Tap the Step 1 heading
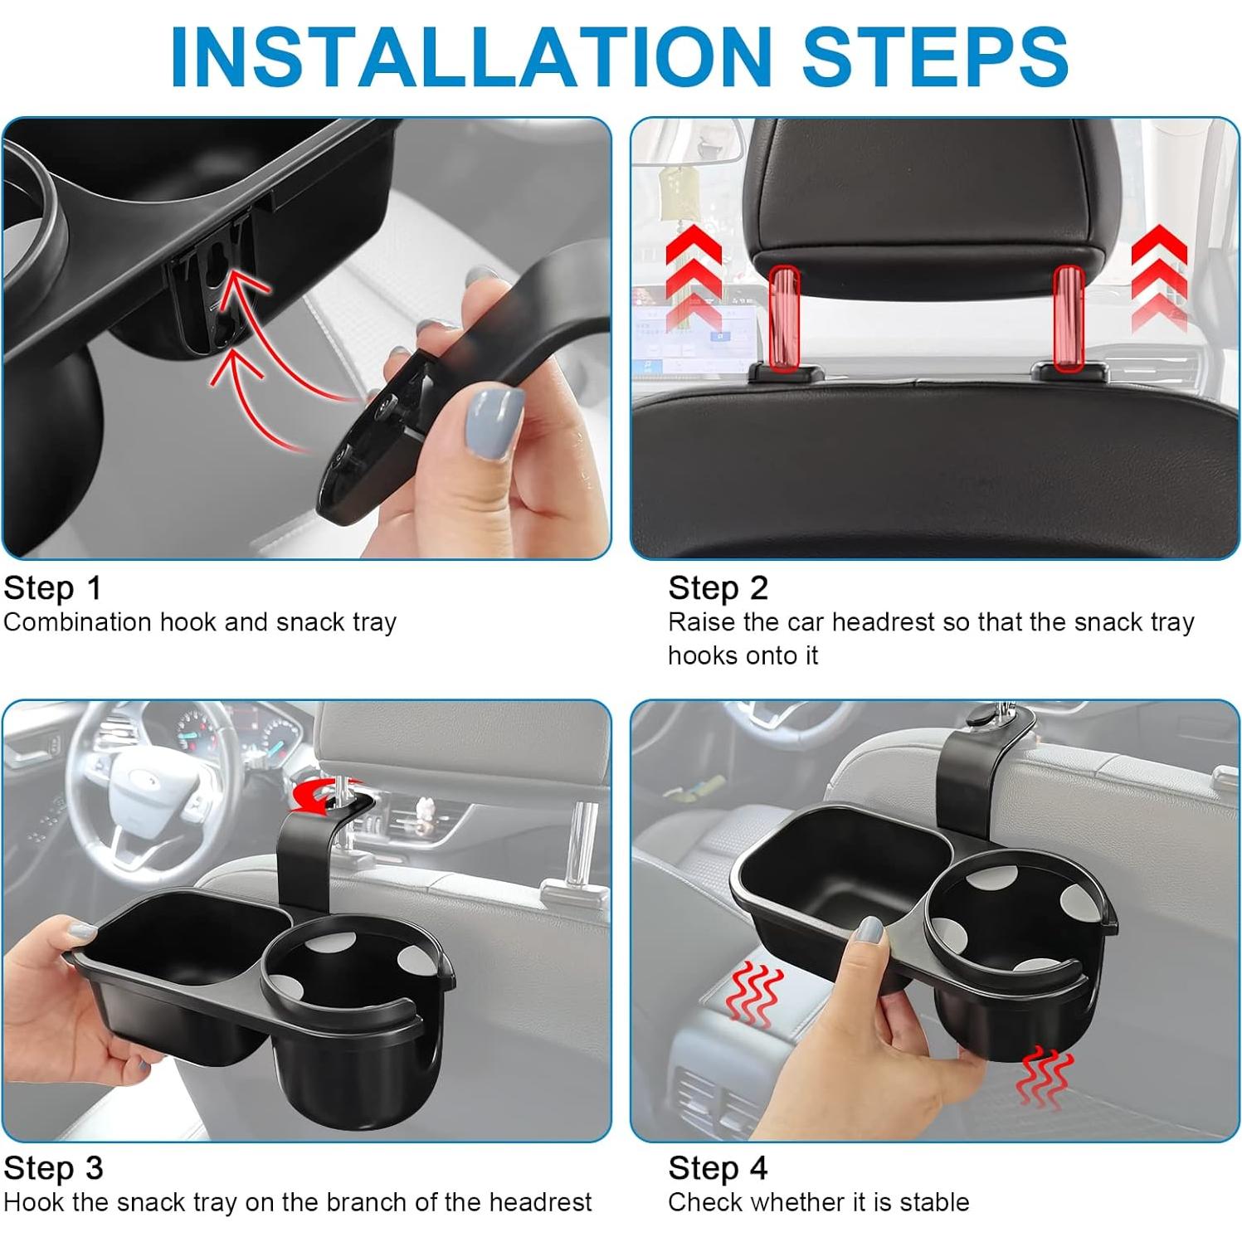coord(52,588)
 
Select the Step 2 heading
coord(718,588)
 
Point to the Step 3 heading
coord(53,1168)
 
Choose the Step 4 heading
coord(718,1168)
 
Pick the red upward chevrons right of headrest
coord(1159,279)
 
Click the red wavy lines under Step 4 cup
coord(1045,1077)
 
